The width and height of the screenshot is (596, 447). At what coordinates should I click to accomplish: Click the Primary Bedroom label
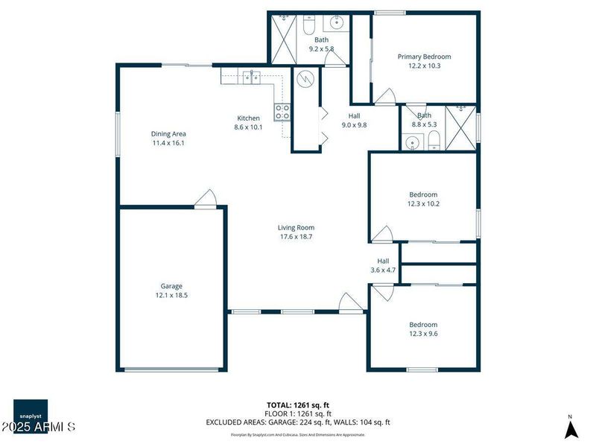point(424,57)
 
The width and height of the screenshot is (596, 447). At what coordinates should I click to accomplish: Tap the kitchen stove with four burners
point(283,112)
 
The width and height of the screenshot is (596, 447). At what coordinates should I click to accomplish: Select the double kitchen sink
point(250,75)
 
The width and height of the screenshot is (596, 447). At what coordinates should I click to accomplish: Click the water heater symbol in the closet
point(304,79)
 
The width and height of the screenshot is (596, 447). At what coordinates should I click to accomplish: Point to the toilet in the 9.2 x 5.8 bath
point(308,26)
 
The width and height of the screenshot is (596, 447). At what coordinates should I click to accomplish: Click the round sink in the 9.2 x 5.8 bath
point(335,22)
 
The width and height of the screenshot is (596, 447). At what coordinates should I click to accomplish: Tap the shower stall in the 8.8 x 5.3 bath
point(460,128)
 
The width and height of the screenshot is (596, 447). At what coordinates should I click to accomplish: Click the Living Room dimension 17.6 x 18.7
point(296,237)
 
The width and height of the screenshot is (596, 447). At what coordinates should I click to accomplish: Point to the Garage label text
point(171,286)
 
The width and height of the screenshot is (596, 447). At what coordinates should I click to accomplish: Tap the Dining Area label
point(168,133)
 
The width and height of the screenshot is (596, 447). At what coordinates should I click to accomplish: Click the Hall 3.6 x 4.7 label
point(383,265)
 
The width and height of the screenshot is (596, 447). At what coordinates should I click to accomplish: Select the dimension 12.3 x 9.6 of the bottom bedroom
point(423,334)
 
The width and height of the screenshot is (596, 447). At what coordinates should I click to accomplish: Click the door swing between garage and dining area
point(206,198)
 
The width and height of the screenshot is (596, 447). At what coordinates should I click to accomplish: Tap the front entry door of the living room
point(350,302)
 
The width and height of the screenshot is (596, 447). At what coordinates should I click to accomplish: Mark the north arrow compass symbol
point(570,428)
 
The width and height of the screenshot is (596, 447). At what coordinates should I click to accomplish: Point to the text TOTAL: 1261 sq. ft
point(297,405)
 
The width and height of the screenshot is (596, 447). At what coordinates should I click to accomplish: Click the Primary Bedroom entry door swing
point(385,96)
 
